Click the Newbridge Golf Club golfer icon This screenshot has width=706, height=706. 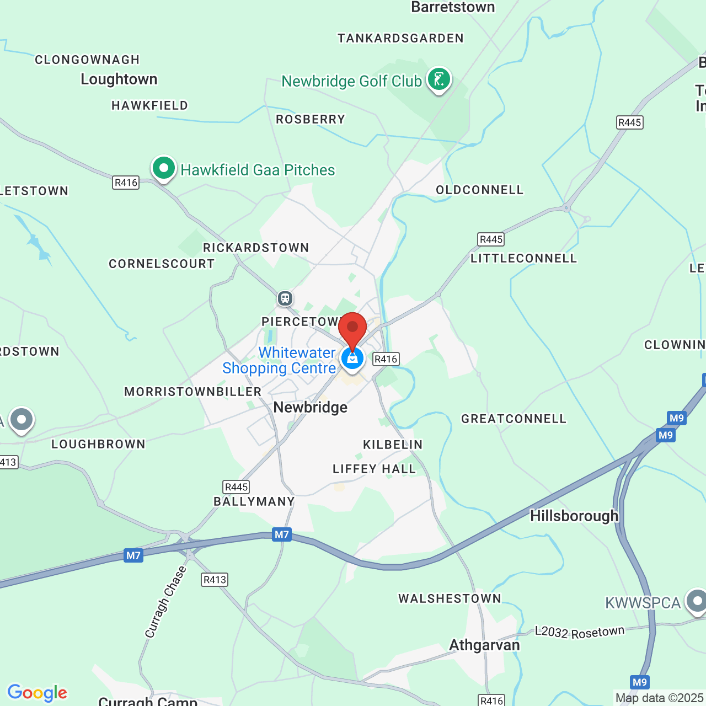point(438,79)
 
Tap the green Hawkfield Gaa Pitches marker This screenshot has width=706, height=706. point(163,168)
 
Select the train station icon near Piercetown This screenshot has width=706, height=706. point(285,298)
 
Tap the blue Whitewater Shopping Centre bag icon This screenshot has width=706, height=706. point(352,359)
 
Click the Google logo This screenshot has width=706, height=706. point(38,693)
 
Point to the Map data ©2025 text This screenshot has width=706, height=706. point(659,698)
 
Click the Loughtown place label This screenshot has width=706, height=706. point(119,79)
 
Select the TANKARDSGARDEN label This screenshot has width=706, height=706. point(401,39)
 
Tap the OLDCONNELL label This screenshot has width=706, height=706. point(479,190)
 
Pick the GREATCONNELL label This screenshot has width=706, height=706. point(514,419)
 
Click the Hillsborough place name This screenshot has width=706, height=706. point(574,516)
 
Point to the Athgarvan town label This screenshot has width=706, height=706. point(484,645)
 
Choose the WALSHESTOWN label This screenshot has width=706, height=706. point(450,599)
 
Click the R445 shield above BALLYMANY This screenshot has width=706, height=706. point(237,487)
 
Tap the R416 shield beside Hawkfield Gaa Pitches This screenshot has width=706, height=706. point(126,183)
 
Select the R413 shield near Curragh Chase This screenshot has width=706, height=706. point(215,580)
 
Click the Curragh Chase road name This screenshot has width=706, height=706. point(165,602)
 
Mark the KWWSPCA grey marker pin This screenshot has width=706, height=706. point(697,601)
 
